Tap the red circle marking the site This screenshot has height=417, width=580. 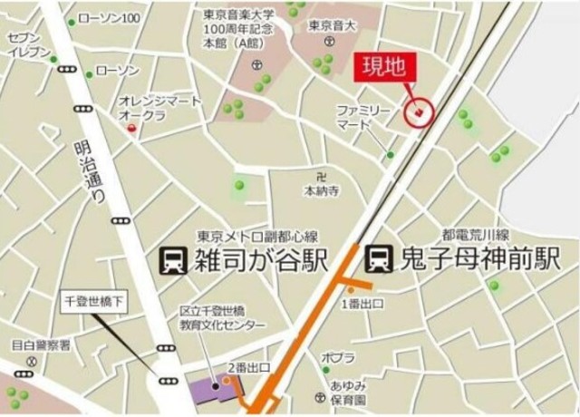click(x=420, y=112)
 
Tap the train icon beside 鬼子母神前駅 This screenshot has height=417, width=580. click(x=377, y=260)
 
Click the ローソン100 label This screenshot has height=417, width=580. click(x=109, y=18)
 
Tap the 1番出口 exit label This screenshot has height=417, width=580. click(x=362, y=303)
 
